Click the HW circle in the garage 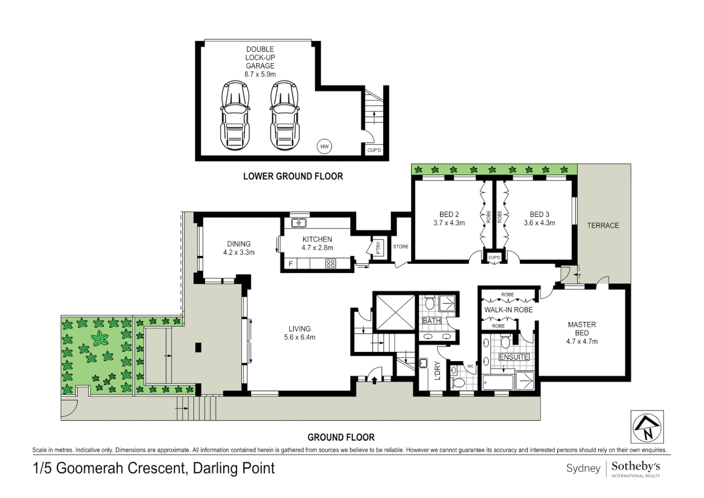pos(324,146)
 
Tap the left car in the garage pos(235,115)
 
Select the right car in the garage pos(284,115)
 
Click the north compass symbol pos(647,427)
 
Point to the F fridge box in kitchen pos(291,264)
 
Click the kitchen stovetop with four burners pos(331,263)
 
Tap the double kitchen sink pos(299,223)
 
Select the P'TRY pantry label pos(378,248)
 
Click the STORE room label pos(401,247)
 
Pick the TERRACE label pos(603,225)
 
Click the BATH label pos(432,320)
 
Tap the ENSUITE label pos(514,357)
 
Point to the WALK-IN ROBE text pos(509,310)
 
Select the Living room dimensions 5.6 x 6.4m pos(300,337)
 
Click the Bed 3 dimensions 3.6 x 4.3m pos(540,223)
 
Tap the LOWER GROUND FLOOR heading pos(293,176)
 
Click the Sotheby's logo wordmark pos(636,466)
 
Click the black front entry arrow pos(374,381)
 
